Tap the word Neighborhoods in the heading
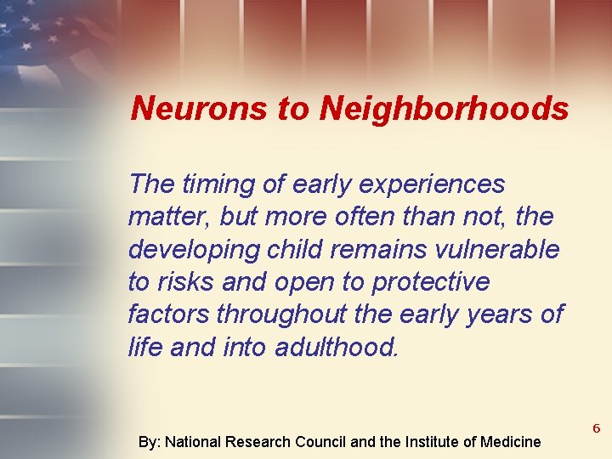coord(445,108)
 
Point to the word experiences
coord(434,184)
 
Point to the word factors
coord(168,314)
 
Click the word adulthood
coord(337,346)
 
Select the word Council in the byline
coord(320,442)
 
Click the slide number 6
coord(597,429)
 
